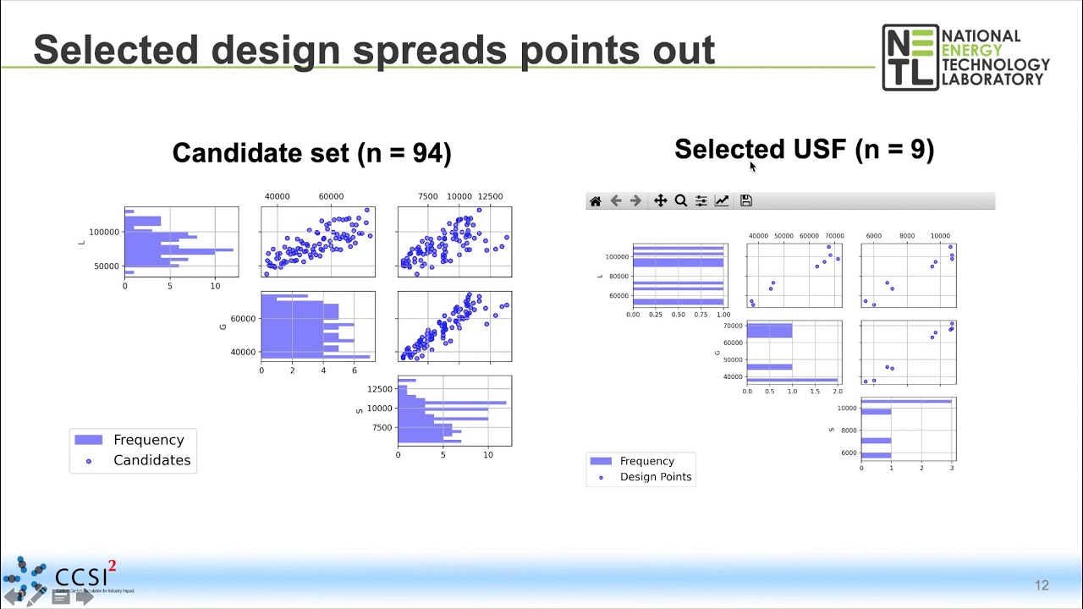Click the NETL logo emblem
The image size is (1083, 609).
pos(910,57)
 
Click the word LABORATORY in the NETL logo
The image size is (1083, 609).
pos(992,80)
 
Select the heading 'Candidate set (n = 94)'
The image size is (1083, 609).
pos(311,153)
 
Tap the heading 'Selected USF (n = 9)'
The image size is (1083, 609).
pos(804,150)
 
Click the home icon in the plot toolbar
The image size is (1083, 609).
pos(595,200)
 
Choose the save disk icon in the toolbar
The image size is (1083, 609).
pos(745,200)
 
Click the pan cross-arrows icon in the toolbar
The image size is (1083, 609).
pos(660,200)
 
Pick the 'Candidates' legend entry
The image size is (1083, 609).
pos(151,460)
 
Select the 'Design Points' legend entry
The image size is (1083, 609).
pos(655,476)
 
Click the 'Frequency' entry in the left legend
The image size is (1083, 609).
pos(148,440)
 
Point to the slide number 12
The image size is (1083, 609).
pos(1042,585)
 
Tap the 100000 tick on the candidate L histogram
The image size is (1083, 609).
pos(104,232)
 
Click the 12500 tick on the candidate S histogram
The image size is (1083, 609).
pos(378,389)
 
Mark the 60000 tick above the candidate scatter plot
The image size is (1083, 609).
pos(332,196)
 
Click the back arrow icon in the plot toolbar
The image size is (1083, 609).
pos(616,200)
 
